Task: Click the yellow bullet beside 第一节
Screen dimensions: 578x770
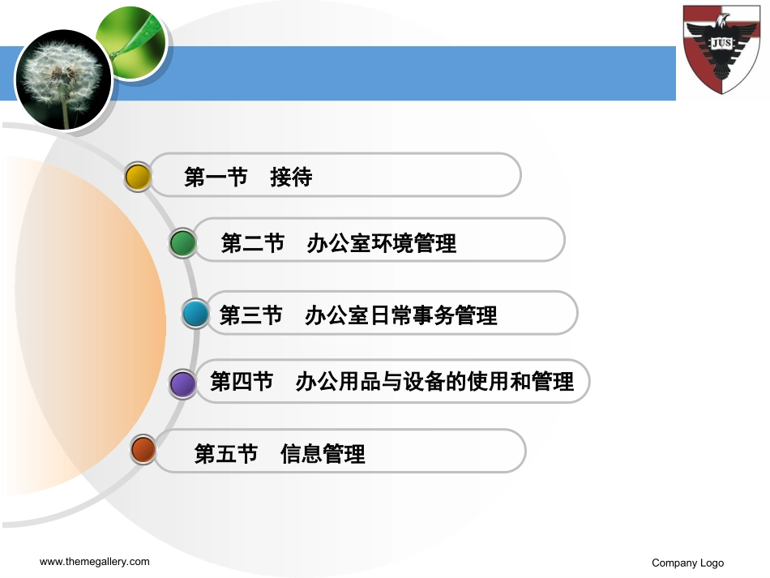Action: pos(139,177)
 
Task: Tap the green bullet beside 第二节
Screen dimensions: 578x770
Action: pos(183,242)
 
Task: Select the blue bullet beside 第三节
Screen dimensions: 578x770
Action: pos(195,314)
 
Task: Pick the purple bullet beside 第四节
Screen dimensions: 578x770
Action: pos(183,383)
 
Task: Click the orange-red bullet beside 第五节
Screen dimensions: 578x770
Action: pos(143,449)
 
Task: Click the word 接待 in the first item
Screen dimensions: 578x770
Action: pos(291,178)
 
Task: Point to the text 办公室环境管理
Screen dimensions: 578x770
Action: pos(381,242)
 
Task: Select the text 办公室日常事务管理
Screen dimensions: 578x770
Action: pos(400,315)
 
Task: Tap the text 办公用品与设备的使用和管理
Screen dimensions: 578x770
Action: pos(434,382)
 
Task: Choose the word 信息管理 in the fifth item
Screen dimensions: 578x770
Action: pos(323,454)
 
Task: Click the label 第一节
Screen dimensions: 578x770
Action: pos(216,178)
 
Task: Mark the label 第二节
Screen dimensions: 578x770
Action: pos(252,242)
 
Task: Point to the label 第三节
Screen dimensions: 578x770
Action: pos(250,315)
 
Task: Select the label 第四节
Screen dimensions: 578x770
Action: pos(242,382)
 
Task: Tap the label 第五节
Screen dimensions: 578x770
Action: pos(226,454)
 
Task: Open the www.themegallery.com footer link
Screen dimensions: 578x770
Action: pos(95,562)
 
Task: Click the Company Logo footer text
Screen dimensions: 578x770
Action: pos(687,563)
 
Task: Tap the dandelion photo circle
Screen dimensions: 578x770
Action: pos(62,79)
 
